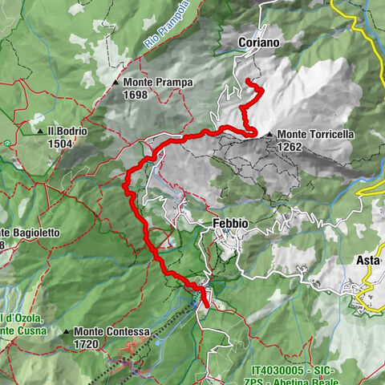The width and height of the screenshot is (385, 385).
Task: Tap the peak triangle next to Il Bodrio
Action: pos(39,131)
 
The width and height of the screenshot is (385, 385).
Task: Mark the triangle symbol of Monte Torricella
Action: pos(270,135)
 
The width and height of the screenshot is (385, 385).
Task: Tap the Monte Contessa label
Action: pos(111,331)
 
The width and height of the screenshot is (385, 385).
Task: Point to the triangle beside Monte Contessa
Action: pos(67,331)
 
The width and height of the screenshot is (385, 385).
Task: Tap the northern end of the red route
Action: pos(247,83)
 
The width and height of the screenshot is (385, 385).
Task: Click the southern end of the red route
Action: pos(206,306)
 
